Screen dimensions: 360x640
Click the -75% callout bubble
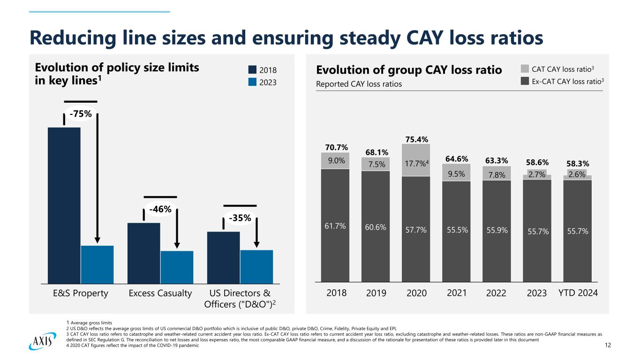tap(80, 114)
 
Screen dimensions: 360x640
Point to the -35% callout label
tap(240, 218)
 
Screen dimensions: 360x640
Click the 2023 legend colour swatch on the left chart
tap(252, 82)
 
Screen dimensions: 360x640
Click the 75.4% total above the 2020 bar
tap(416, 139)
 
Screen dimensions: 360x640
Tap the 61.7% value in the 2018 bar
tap(335, 226)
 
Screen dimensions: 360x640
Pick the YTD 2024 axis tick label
tap(578, 293)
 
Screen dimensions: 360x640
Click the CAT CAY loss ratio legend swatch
tap(526, 70)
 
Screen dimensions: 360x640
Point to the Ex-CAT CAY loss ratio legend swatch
tap(526, 82)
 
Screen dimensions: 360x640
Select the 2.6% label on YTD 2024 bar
tap(577, 174)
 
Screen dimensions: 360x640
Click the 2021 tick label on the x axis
tap(457, 293)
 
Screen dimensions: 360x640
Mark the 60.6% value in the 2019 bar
tap(375, 227)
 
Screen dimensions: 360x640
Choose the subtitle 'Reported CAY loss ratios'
tap(359, 84)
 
